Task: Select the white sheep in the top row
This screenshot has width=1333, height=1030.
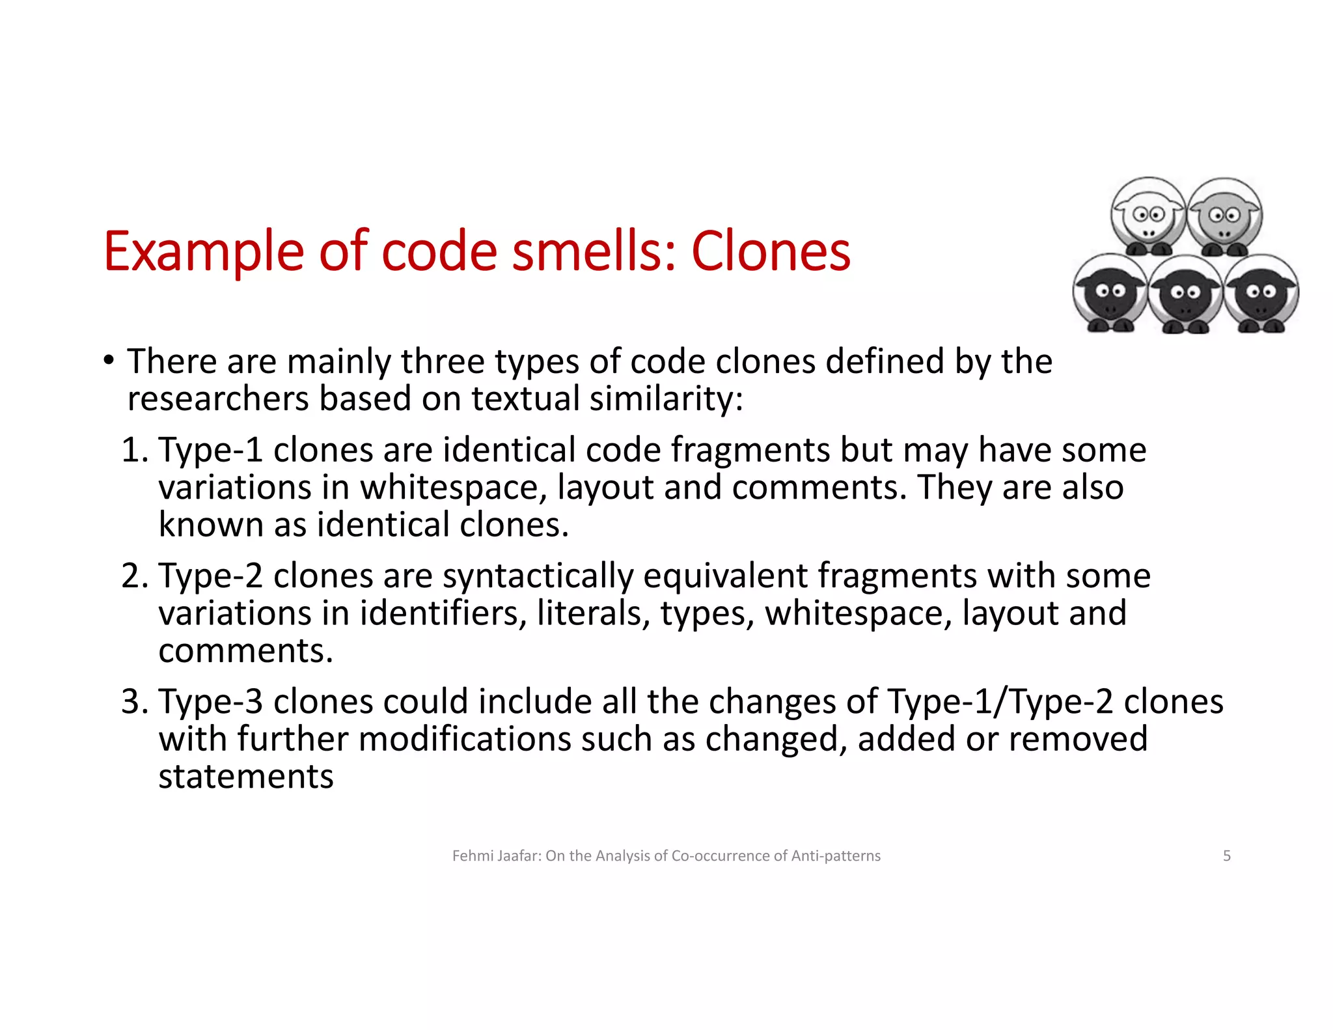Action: click(x=1147, y=216)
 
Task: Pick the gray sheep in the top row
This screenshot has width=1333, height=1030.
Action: click(x=1224, y=216)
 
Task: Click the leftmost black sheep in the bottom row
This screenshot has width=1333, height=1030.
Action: click(x=1110, y=294)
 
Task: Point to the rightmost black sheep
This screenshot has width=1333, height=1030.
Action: click(x=1261, y=294)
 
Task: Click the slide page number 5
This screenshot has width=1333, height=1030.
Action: click(x=1226, y=856)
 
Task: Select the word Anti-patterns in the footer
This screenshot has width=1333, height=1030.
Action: click(x=836, y=856)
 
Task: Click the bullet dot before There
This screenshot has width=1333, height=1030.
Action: click(x=108, y=360)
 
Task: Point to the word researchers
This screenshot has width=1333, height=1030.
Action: click(x=218, y=398)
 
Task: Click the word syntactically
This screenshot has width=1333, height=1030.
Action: click(x=538, y=576)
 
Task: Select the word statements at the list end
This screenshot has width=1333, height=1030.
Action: click(x=246, y=777)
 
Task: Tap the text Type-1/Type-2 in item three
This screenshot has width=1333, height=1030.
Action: click(x=1000, y=702)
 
